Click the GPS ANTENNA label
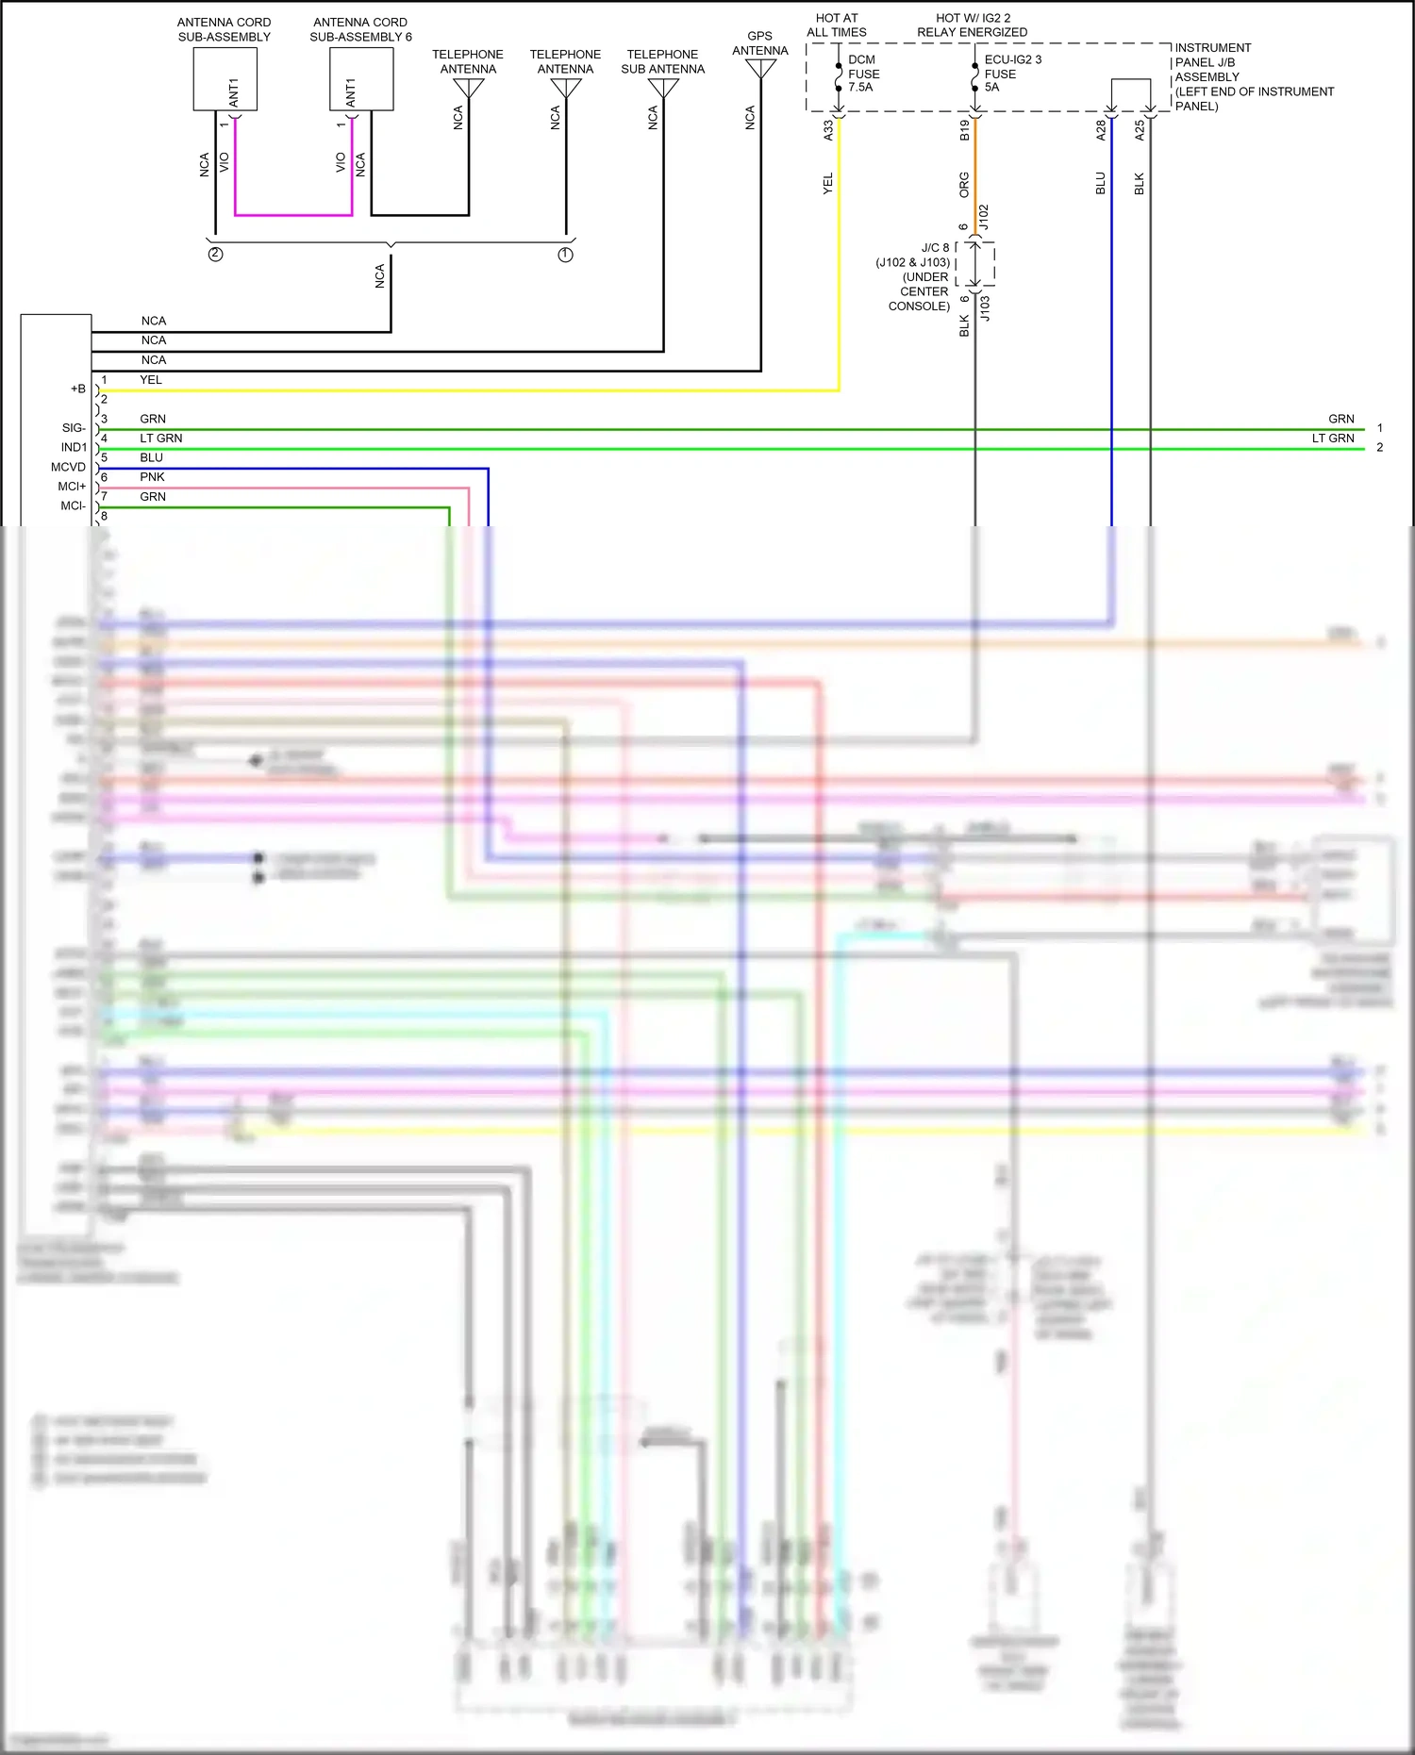(759, 43)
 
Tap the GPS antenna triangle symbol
(760, 70)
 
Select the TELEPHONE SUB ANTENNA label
(662, 61)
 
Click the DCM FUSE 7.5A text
(863, 74)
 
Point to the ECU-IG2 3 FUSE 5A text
(1011, 74)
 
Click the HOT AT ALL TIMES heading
(836, 25)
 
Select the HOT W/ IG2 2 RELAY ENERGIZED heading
(972, 25)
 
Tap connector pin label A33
(828, 130)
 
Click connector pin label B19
(964, 130)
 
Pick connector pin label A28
(1100, 130)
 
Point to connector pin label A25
(1139, 130)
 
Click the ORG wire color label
(964, 184)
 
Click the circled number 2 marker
(215, 255)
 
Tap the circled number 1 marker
(565, 255)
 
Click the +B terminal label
(77, 389)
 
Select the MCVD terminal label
(68, 467)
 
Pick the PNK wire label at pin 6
(152, 477)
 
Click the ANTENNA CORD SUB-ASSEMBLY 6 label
(360, 29)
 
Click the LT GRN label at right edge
(1332, 439)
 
